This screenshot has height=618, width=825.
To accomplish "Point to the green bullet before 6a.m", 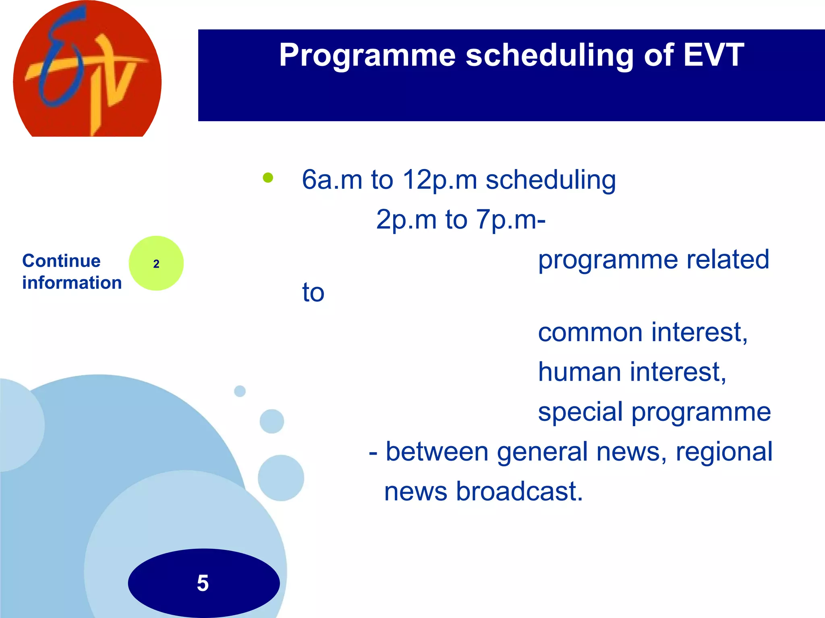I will click(268, 177).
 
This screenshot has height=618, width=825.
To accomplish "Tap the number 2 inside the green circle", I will click(156, 264).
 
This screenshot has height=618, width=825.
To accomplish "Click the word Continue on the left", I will click(61, 261).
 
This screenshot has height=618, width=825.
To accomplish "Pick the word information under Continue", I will click(72, 282).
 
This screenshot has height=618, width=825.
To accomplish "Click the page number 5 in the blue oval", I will click(203, 583).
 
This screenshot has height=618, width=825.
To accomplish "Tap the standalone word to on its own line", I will click(313, 292).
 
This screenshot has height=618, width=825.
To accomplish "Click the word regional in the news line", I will click(724, 452).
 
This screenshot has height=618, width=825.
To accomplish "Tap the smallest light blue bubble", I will click(240, 391).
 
